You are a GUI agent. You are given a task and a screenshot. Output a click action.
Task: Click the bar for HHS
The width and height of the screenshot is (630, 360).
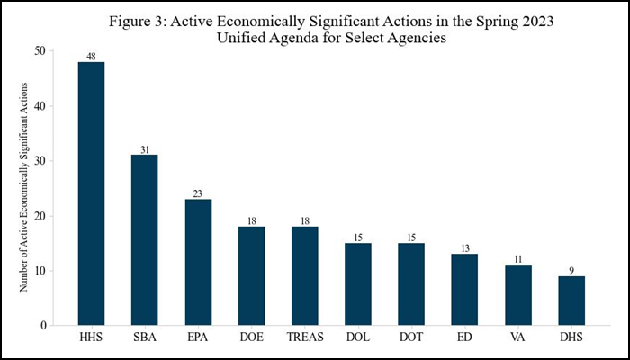[91, 193]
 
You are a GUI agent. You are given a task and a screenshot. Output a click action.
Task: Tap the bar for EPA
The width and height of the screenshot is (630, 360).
[198, 262]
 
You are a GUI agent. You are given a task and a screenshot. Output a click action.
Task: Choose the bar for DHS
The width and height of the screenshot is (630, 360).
[571, 301]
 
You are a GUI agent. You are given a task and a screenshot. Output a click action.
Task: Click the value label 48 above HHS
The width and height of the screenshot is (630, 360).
[91, 56]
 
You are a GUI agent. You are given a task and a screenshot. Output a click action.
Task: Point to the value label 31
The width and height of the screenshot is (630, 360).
[144, 149]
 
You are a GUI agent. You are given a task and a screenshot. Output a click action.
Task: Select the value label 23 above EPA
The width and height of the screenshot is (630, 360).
[198, 193]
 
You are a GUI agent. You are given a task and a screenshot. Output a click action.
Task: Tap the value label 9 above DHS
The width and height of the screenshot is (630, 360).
[571, 270]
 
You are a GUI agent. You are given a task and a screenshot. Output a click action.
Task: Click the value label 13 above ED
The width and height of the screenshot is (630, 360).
[465, 248]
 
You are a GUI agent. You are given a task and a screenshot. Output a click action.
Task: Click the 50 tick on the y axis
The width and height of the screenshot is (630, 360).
[40, 51]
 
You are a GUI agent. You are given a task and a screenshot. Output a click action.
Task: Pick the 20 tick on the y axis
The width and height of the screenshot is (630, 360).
[40, 216]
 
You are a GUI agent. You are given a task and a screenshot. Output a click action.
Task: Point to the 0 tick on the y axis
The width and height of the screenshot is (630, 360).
[43, 326]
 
